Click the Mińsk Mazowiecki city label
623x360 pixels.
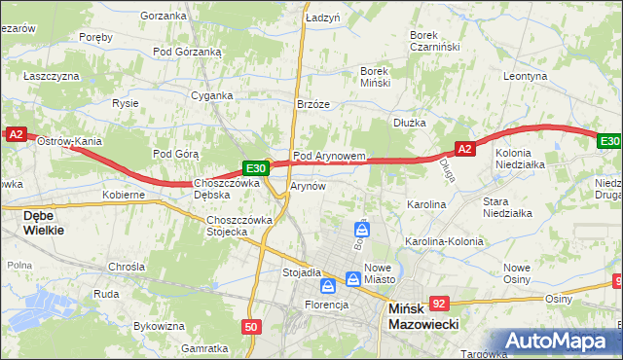422,318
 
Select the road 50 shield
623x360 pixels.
251,328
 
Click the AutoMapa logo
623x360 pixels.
564,342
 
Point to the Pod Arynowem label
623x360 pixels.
329,156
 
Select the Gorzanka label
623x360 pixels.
164,16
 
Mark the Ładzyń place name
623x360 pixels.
322,18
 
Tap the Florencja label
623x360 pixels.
324,305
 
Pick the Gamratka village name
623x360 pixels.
204,347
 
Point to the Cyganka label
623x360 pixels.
212,95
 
